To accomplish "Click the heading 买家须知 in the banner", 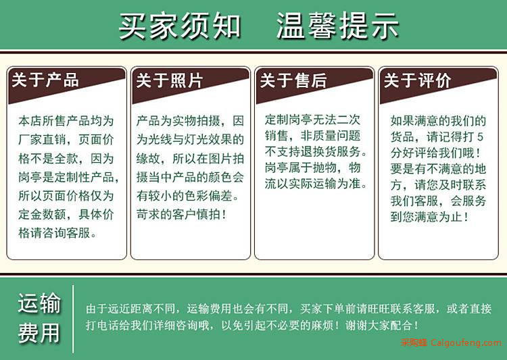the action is point(180,26).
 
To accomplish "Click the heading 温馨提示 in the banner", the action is point(337,26).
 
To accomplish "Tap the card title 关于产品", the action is point(45,80).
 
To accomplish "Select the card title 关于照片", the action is point(169,80).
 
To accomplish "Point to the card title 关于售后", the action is point(293,80).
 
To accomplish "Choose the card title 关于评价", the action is point(417,80).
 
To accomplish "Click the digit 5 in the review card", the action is point(480,136).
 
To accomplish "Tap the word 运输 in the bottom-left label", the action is point(39,303).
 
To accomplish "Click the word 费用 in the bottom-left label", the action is point(39,332).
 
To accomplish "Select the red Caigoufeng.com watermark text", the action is point(466,342).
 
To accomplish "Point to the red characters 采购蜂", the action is point(414,342).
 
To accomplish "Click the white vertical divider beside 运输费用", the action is point(73,319).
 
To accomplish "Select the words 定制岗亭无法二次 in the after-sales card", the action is point(312,120).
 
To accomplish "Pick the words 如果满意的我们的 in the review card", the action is point(438,121).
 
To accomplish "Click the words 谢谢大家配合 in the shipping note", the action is point(379,325).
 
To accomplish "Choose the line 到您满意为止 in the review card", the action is point(426,217).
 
